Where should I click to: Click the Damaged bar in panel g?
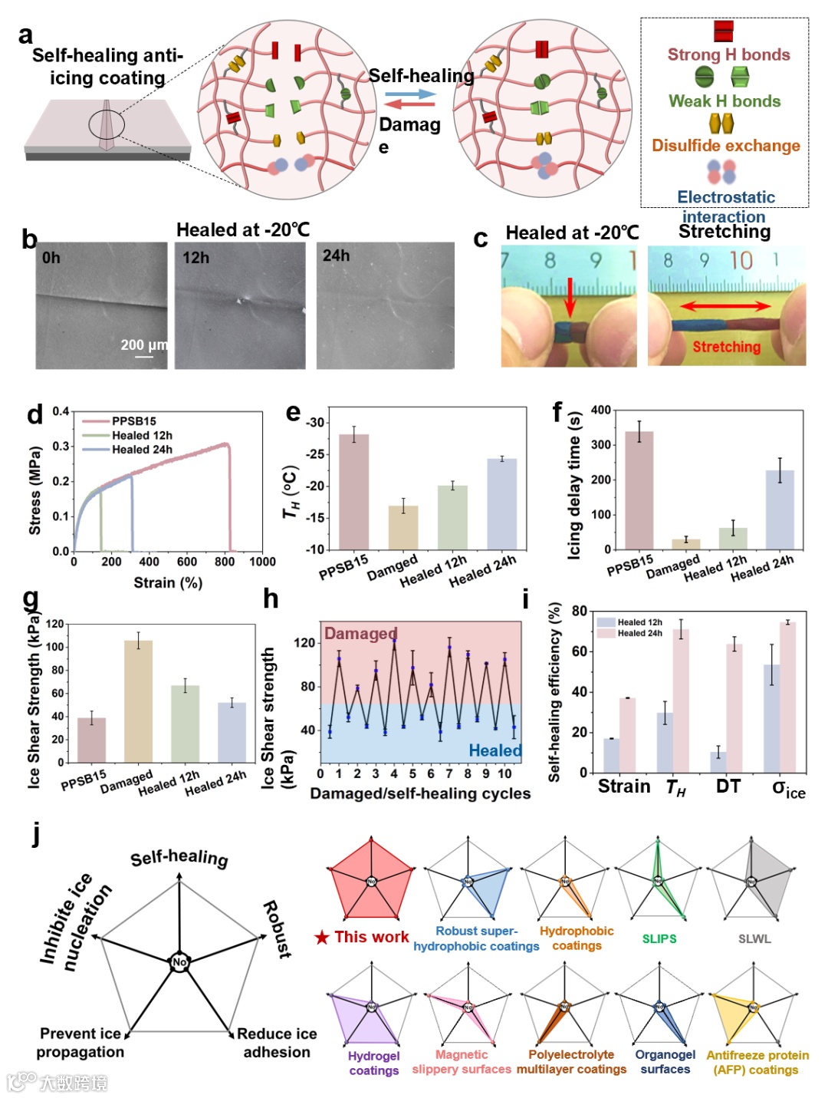coord(138,701)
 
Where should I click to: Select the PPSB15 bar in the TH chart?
coord(353,492)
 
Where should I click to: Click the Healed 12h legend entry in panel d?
coord(142,435)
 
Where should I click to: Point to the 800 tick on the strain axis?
coord(225,562)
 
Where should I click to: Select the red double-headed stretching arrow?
coord(725,306)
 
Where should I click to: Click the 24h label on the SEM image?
coord(336,256)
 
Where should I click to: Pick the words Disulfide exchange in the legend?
coord(725,146)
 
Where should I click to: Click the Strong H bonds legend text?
coord(728,54)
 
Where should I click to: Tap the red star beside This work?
coord(322,937)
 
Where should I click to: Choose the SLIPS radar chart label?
coord(659,938)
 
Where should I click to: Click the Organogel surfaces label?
coord(665,1062)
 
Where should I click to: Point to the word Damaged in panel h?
coord(360,633)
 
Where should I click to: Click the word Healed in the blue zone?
coord(495,750)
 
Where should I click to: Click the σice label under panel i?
coord(788,788)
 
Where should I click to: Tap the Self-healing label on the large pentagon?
coord(179,858)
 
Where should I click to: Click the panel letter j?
coord(36,833)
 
